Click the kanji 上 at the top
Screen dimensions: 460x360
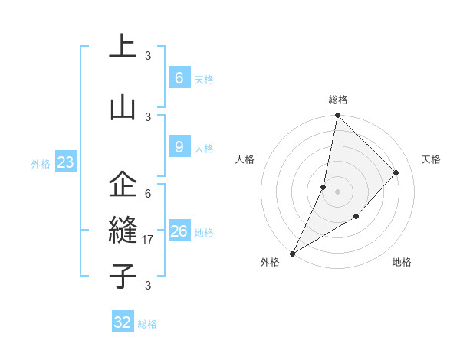tap(123, 46)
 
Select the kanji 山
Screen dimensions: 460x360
tap(123, 107)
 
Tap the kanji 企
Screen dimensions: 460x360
tap(123, 185)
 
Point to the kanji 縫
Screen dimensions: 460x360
tap(123, 231)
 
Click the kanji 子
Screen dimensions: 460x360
tap(123, 276)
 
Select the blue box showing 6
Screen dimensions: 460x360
tap(179, 77)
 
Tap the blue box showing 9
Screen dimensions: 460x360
tap(179, 147)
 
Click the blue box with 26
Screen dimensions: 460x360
tap(179, 231)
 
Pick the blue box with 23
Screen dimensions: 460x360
tap(66, 162)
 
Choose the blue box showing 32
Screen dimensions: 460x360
tap(123, 322)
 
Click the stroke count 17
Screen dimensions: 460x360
tap(149, 240)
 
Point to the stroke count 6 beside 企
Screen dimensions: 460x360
tap(148, 193)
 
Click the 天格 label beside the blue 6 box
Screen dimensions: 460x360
tap(204, 79)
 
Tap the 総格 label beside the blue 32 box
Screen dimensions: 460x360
tap(148, 324)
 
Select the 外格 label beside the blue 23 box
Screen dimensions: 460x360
tap(41, 164)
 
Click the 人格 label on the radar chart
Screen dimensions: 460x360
tap(245, 159)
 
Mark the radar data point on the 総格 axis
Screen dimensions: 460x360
tap(337, 116)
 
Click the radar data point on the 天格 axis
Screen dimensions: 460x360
tap(396, 172)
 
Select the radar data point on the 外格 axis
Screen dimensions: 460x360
tap(292, 253)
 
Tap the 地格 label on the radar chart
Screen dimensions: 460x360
tap(402, 262)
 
